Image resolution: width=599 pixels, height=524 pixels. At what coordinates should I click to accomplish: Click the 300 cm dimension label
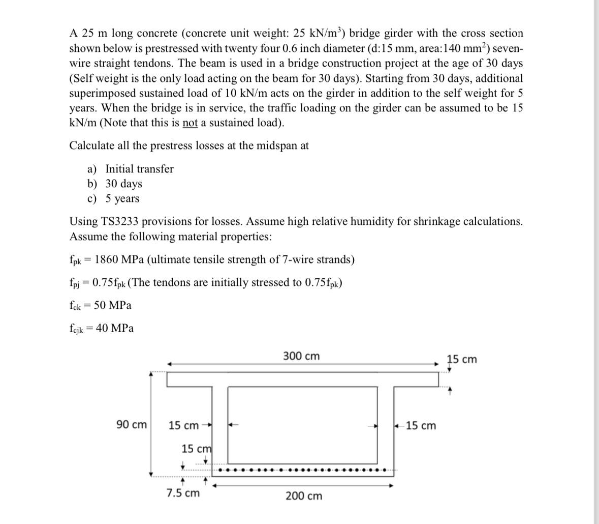(302, 356)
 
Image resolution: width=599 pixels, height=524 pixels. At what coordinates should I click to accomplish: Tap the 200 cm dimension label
(303, 496)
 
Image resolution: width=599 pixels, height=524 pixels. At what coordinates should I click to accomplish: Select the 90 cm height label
(132, 425)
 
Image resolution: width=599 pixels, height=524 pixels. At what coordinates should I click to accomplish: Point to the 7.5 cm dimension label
(183, 493)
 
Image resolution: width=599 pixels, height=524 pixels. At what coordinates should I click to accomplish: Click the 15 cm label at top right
(462, 359)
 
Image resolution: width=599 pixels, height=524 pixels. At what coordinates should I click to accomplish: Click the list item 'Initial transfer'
(139, 169)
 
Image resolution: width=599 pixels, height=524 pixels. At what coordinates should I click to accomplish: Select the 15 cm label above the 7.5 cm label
(196, 449)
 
